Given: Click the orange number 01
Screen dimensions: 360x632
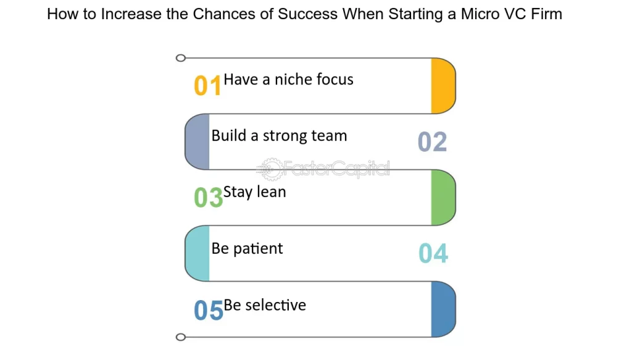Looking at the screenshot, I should [207, 86].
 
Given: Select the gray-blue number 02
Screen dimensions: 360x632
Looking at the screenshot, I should [432, 142].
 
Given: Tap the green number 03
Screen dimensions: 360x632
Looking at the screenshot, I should [207, 198].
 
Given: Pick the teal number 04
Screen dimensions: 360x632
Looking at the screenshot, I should [433, 254].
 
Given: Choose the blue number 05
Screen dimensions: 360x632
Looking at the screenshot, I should [208, 311].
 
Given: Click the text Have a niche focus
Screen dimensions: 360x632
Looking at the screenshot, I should [288, 79].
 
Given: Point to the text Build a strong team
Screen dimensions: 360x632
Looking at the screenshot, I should [279, 136].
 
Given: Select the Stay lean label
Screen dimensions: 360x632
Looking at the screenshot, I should [254, 191].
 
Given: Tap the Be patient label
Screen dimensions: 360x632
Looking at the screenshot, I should [247, 248].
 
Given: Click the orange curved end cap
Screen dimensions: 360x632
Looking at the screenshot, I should [443, 86].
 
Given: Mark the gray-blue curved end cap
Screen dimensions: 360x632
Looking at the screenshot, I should [197, 142].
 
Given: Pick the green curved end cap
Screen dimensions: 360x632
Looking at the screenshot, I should [443, 198].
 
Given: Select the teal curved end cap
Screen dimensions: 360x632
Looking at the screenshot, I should [197, 254].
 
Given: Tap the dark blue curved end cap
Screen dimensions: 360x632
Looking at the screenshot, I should [443, 309].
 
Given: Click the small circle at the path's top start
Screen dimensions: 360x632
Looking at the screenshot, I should [180, 58].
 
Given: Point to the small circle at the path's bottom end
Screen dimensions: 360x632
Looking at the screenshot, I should [180, 337].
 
